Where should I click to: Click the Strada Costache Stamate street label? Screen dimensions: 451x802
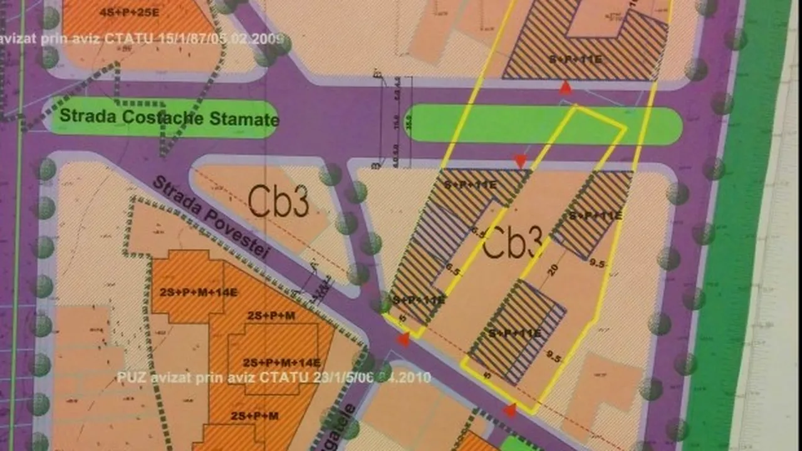(x=169, y=117)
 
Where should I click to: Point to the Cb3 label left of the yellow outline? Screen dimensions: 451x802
(x=278, y=202)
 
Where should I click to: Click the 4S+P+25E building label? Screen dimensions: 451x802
(x=133, y=12)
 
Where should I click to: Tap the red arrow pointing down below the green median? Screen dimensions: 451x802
(x=520, y=162)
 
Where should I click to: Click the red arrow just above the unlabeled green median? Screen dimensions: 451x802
(x=566, y=88)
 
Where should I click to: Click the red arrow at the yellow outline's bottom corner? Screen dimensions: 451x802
(x=511, y=410)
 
